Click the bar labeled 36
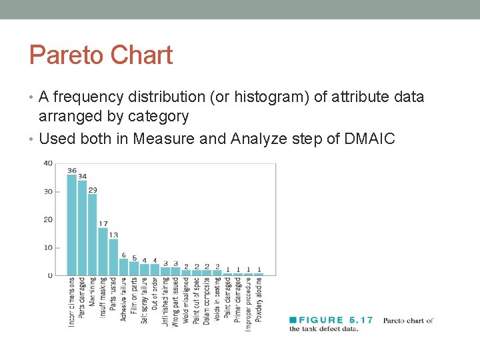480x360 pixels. (x=72, y=225)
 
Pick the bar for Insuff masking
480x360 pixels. (x=103, y=251)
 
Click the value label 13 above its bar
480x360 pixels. (x=113, y=235)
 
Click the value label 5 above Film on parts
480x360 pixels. (x=134, y=257)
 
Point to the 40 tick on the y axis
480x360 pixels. (x=48, y=163)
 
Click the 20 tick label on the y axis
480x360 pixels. (x=48, y=219)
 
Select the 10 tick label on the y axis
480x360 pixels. (x=48, y=247)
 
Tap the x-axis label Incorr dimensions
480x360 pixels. (x=72, y=302)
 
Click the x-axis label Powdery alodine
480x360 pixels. (x=259, y=299)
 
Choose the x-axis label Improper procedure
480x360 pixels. (x=248, y=304)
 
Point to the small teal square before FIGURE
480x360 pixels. (x=292, y=321)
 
